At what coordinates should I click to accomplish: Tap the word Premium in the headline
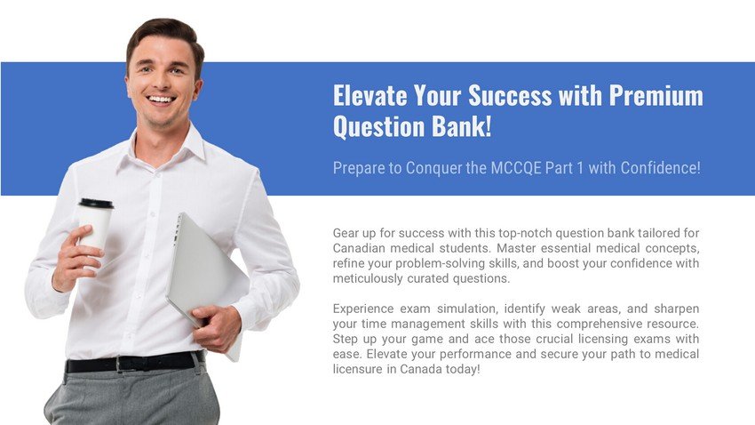tap(656, 95)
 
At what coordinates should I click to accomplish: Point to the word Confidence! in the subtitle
tap(660, 168)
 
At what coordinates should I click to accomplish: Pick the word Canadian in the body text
tap(358, 248)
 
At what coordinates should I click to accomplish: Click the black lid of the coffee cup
tap(96, 204)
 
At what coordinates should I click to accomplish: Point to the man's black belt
tap(134, 363)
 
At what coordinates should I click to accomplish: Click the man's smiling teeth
tap(161, 100)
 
